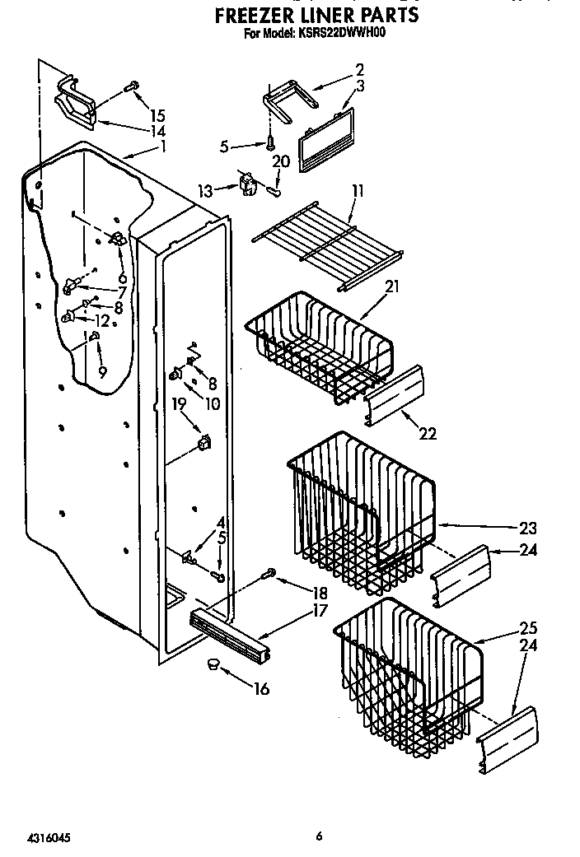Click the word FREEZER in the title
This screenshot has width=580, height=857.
(x=262, y=16)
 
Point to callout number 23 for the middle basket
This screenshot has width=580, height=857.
(x=528, y=528)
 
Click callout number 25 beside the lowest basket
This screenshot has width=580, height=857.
(x=528, y=629)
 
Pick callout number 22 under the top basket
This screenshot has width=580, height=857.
(x=428, y=434)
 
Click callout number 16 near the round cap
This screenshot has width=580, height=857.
(x=261, y=689)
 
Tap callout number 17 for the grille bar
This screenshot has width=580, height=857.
(x=319, y=611)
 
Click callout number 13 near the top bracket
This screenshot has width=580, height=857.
(x=206, y=191)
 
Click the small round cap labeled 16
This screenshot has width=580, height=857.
(x=213, y=664)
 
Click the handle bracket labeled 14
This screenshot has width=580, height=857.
(x=76, y=104)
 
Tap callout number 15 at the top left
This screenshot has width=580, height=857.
(x=157, y=114)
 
